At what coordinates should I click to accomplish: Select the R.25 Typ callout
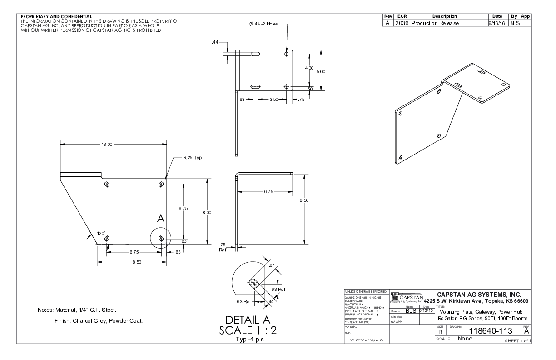(192, 158)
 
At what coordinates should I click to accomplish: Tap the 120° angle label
(101, 233)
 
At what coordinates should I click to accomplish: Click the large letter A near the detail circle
(160, 219)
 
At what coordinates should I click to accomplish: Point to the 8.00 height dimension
(207, 212)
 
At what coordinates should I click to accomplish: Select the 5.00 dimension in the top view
(321, 71)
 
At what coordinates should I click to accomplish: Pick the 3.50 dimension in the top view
(273, 99)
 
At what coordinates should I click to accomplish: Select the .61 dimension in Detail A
(272, 265)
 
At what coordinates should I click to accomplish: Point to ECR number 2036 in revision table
(402, 23)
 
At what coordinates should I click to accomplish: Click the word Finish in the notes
(62, 320)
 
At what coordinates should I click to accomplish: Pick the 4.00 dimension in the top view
(309, 68)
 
